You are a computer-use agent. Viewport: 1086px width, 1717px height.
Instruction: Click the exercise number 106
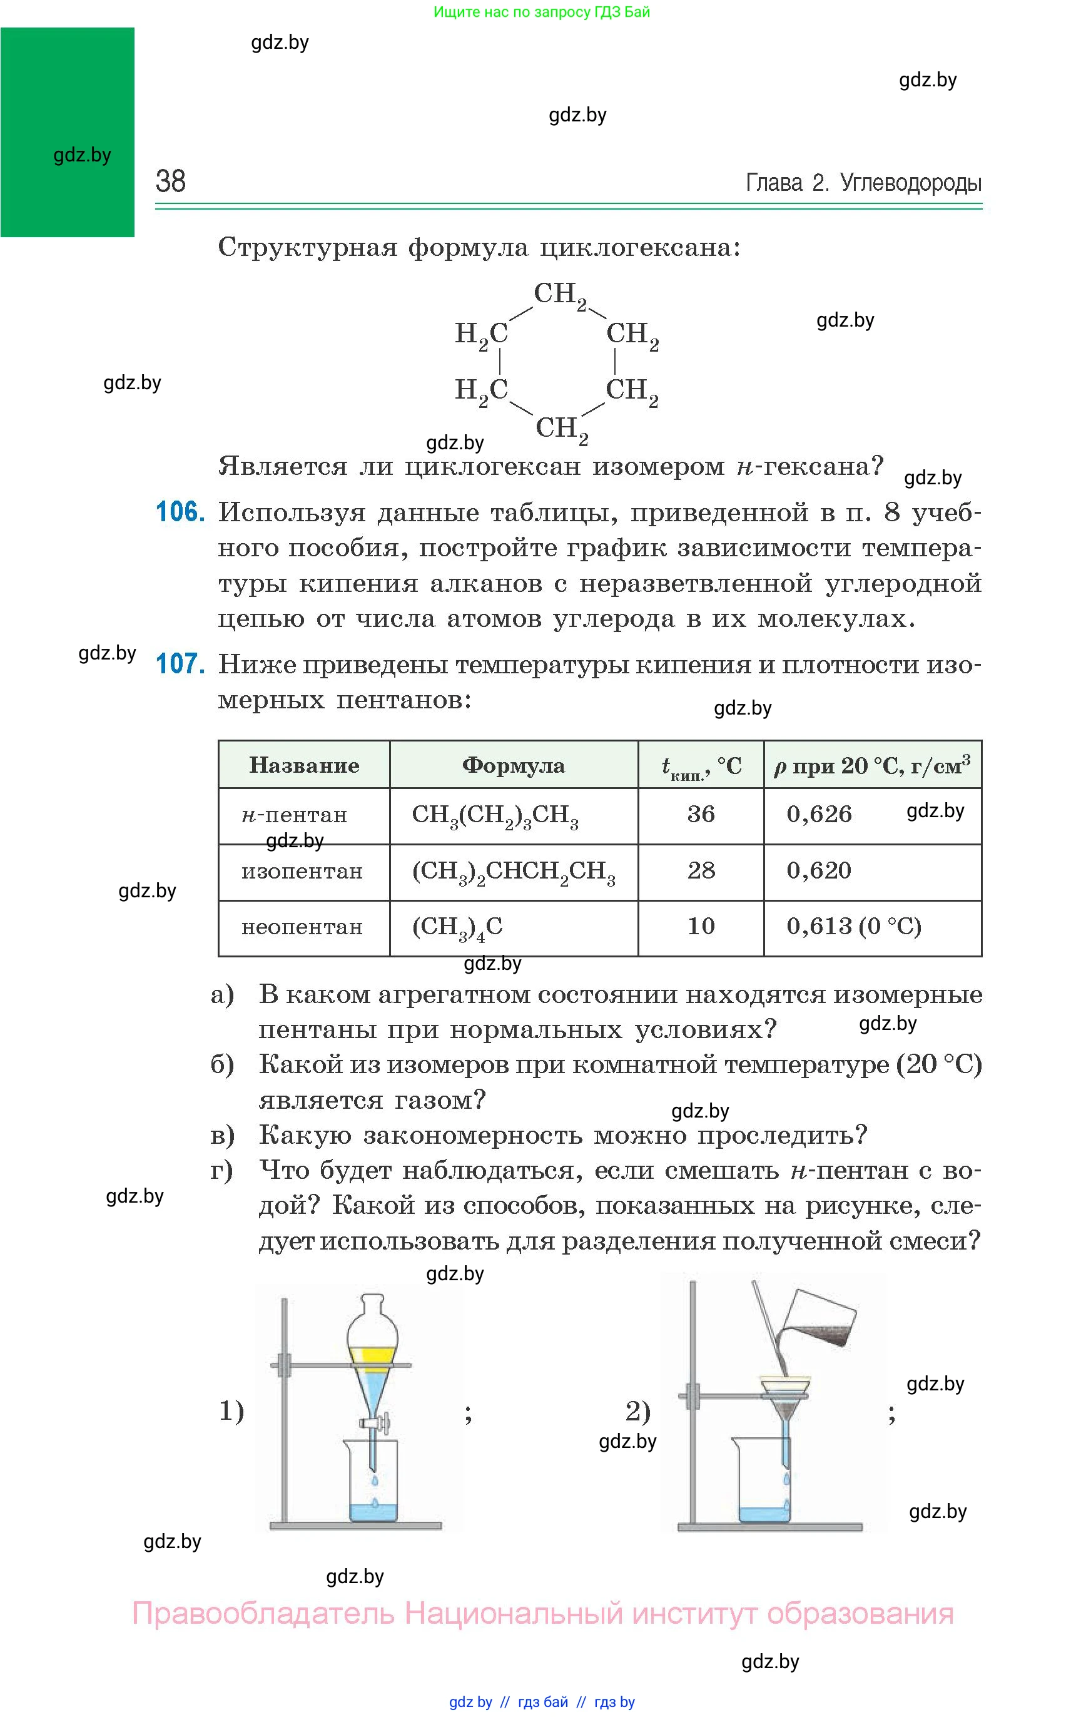click(180, 512)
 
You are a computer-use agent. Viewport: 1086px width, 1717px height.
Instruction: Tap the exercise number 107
click(180, 664)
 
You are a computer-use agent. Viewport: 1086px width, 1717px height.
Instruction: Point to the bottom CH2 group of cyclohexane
click(562, 429)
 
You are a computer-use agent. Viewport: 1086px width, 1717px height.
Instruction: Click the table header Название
click(304, 765)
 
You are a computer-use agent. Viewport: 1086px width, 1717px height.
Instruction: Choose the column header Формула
click(514, 765)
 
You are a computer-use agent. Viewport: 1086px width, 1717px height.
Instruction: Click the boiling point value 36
click(701, 813)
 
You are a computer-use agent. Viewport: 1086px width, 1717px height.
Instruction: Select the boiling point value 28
click(701, 870)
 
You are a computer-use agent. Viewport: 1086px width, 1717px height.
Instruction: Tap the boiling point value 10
click(701, 925)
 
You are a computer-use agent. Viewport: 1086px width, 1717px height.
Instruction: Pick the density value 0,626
click(819, 813)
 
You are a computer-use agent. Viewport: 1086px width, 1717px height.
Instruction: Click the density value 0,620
click(819, 870)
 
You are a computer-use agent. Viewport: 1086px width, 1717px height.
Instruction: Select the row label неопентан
click(302, 926)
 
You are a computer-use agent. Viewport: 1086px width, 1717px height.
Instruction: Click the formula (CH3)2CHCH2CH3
click(514, 872)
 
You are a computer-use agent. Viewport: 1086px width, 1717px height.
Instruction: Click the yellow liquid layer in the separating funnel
click(371, 1355)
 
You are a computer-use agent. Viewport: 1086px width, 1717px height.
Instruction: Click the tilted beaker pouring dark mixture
click(820, 1325)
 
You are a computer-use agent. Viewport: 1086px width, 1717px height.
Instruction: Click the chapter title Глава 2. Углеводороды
click(863, 183)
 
